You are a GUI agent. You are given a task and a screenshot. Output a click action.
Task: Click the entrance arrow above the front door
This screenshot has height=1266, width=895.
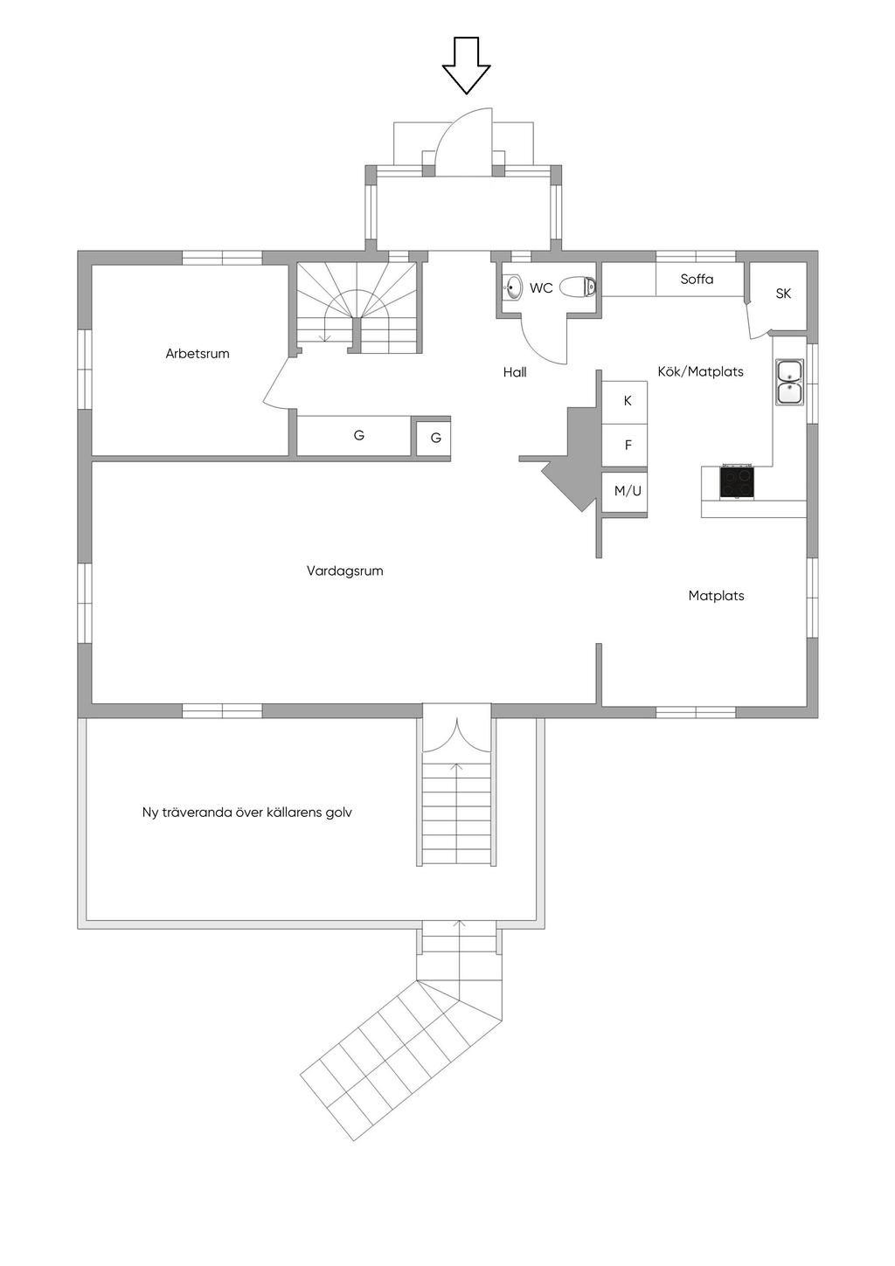click(466, 65)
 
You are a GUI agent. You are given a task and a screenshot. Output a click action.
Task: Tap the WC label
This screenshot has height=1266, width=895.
click(541, 288)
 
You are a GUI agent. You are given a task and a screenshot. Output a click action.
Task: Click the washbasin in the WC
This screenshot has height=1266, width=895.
click(513, 287)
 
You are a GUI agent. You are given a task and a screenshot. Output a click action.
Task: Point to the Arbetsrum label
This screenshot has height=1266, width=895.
click(198, 354)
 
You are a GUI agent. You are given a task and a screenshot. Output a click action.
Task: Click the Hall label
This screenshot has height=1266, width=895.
click(515, 372)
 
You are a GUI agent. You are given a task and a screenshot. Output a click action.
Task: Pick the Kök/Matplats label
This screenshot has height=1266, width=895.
click(700, 371)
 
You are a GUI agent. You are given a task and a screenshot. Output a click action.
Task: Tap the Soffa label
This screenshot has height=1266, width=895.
click(697, 279)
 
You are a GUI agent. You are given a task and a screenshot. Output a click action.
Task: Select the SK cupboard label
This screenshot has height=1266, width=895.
click(783, 294)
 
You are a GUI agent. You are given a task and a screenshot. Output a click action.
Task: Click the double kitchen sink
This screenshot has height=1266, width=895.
click(789, 382)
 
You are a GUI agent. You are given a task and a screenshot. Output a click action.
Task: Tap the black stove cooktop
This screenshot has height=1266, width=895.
click(736, 481)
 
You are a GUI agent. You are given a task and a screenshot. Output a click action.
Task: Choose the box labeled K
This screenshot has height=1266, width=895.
click(624, 403)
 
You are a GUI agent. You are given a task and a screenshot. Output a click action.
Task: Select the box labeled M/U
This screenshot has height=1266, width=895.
click(624, 491)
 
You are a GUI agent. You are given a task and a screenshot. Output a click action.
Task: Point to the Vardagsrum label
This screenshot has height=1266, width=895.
click(345, 571)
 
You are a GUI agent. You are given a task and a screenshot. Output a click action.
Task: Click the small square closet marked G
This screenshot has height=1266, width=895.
click(434, 438)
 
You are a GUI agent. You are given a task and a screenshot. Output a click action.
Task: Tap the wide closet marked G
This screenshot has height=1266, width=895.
click(354, 436)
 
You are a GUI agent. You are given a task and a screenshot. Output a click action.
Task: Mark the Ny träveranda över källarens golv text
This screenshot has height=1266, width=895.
click(247, 813)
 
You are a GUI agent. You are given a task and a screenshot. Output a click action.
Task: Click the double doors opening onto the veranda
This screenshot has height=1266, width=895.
click(457, 735)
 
